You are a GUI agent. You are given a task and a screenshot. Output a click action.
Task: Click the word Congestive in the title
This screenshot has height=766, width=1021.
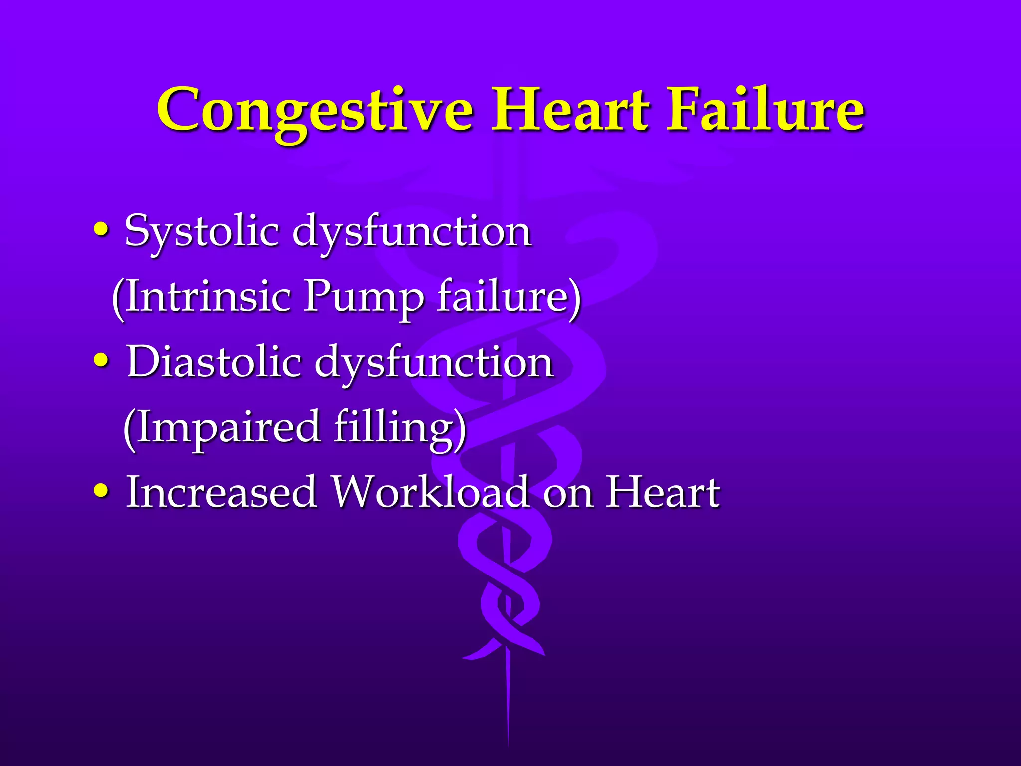315,111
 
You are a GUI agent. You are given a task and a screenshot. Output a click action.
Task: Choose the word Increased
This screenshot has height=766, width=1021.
221,492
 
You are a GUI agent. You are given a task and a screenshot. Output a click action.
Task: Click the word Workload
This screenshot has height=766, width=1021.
431,492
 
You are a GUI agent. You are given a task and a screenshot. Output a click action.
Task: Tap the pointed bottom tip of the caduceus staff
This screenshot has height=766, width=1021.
508,743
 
